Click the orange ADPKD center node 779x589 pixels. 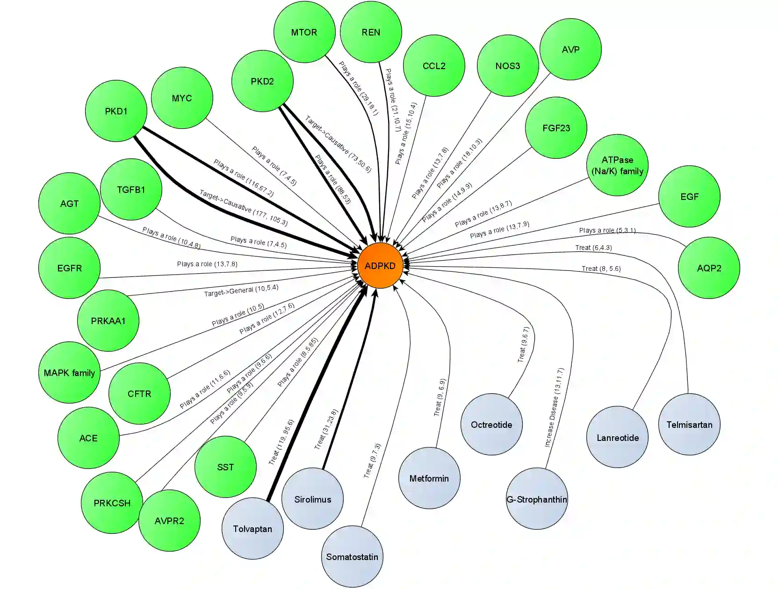tap(380, 265)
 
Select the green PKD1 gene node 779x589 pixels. tap(116, 111)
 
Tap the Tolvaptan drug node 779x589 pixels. tap(252, 528)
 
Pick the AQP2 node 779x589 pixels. tap(709, 268)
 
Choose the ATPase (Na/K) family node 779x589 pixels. tap(617, 165)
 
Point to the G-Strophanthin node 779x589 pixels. tap(537, 499)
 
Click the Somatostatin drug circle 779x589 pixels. tap(352, 556)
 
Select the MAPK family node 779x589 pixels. tap(69, 372)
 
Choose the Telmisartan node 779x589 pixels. tap(689, 424)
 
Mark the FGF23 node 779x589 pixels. tap(556, 128)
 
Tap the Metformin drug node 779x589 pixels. tap(429, 478)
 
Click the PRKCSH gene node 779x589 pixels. tap(112, 503)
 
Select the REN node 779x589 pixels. tap(371, 32)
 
